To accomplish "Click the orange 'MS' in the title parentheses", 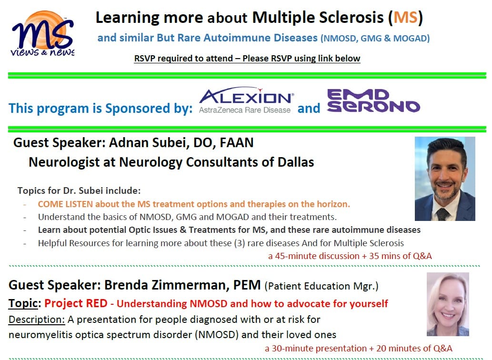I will click(404, 18).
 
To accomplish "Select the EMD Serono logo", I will click(373, 101).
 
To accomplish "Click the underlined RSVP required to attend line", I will click(247, 59).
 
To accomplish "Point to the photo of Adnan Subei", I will click(445, 178).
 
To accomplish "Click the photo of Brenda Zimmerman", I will click(447, 304).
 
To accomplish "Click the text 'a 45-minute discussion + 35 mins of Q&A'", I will click(350, 256).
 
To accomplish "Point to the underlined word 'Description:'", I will click(37, 319).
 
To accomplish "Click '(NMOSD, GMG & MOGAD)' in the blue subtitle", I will click(375, 39).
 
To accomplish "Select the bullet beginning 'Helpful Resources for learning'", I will click(221, 243).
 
